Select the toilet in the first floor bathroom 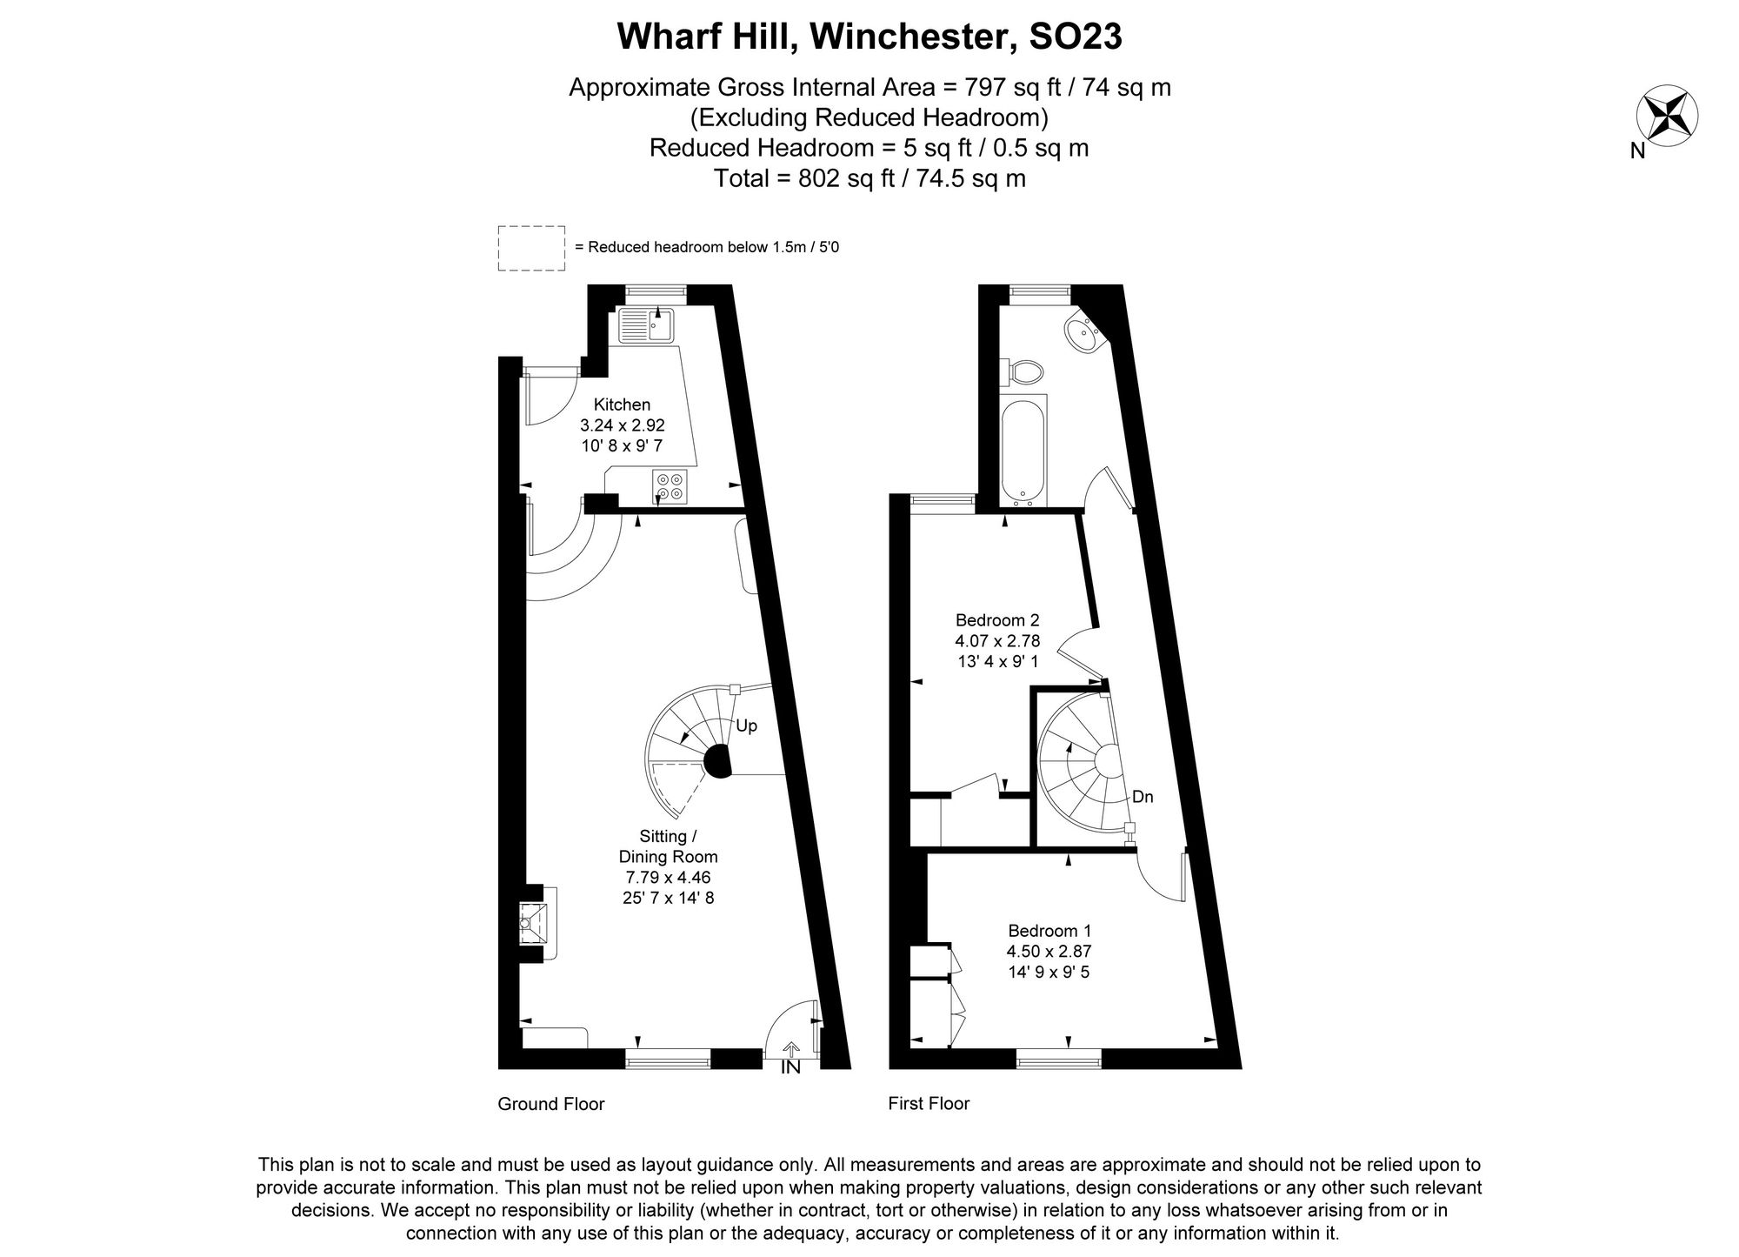point(1023,372)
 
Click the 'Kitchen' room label point(622,405)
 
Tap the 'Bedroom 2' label point(997,620)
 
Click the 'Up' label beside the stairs point(746,725)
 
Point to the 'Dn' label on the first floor point(1143,796)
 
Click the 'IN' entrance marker point(790,1067)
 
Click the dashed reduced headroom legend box point(530,248)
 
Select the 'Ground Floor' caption point(550,1104)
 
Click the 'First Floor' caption point(929,1104)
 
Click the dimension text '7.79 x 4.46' point(668,878)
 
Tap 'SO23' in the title point(1076,37)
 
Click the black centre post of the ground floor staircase point(718,761)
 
